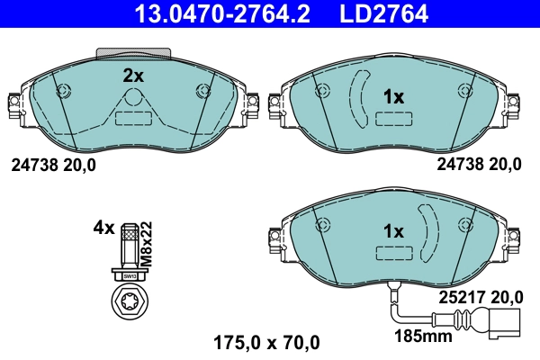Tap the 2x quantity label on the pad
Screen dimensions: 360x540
click(133, 76)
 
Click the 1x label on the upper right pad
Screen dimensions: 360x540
click(393, 96)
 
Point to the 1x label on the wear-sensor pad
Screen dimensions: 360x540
click(393, 231)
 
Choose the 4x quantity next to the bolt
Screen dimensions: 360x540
click(103, 228)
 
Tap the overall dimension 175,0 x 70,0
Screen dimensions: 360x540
click(265, 342)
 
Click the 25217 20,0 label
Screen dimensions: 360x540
click(481, 295)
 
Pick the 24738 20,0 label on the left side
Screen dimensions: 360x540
click(52, 165)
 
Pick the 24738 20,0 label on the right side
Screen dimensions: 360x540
click(479, 165)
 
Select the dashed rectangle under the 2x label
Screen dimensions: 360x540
click(132, 117)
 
